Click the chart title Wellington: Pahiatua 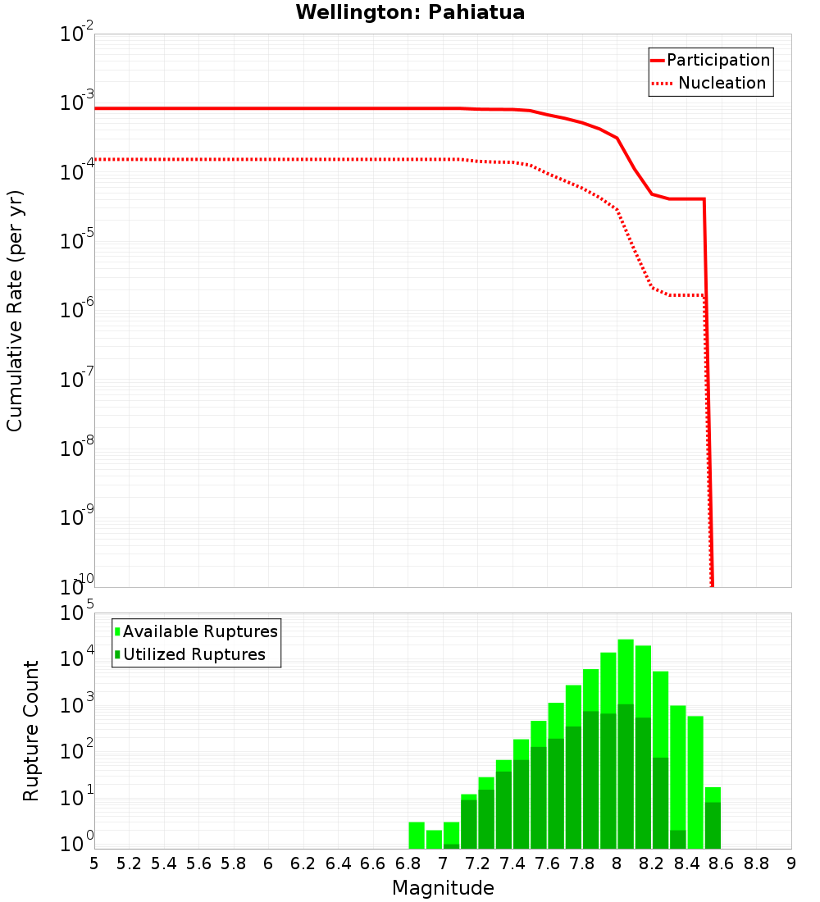(410, 12)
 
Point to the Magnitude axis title (443, 888)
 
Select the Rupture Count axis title (31, 731)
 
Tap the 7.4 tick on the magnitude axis (512, 863)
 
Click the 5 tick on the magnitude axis (94, 863)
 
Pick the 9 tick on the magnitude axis (791, 863)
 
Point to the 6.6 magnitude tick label (373, 863)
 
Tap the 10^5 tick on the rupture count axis (77, 614)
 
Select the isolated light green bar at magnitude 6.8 (417, 835)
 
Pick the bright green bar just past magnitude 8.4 (695, 779)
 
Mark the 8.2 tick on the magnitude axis (652, 863)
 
